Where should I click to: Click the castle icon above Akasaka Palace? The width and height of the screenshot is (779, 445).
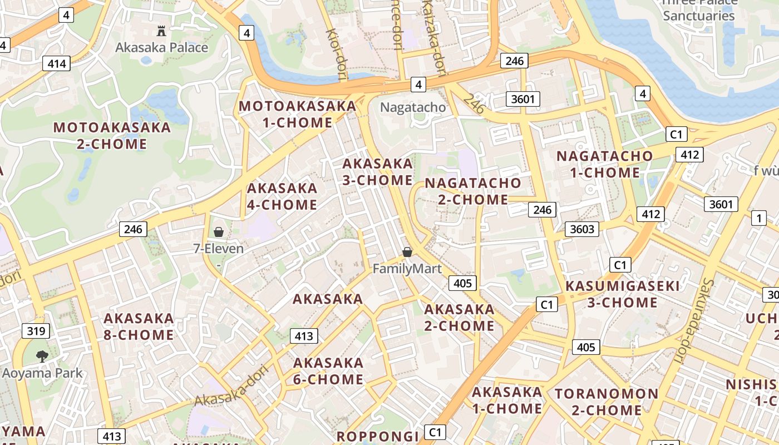[161, 31]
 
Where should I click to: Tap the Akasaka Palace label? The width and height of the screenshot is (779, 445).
[161, 47]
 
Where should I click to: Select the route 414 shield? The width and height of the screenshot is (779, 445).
[57, 63]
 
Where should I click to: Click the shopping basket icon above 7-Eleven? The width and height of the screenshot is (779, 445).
[219, 232]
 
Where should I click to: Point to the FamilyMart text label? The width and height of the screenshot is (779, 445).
[407, 269]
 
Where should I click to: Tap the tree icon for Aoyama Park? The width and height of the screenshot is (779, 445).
[42, 356]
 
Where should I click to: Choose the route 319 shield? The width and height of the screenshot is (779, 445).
[36, 332]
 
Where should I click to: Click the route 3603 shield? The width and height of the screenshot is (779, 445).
[583, 229]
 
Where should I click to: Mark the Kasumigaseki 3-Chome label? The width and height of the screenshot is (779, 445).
[623, 294]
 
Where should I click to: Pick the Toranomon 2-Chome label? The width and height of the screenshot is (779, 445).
[607, 402]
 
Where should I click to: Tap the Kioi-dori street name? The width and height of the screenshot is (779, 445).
[336, 55]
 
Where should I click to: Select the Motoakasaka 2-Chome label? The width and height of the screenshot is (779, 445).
[112, 135]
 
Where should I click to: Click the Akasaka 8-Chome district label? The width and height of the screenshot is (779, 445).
[139, 327]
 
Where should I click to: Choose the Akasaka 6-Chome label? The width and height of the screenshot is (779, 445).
[328, 371]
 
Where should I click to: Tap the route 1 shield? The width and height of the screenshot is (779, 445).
[758, 218]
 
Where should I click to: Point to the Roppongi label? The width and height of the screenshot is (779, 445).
[377, 437]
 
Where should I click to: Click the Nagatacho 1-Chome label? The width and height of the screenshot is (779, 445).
[604, 164]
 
